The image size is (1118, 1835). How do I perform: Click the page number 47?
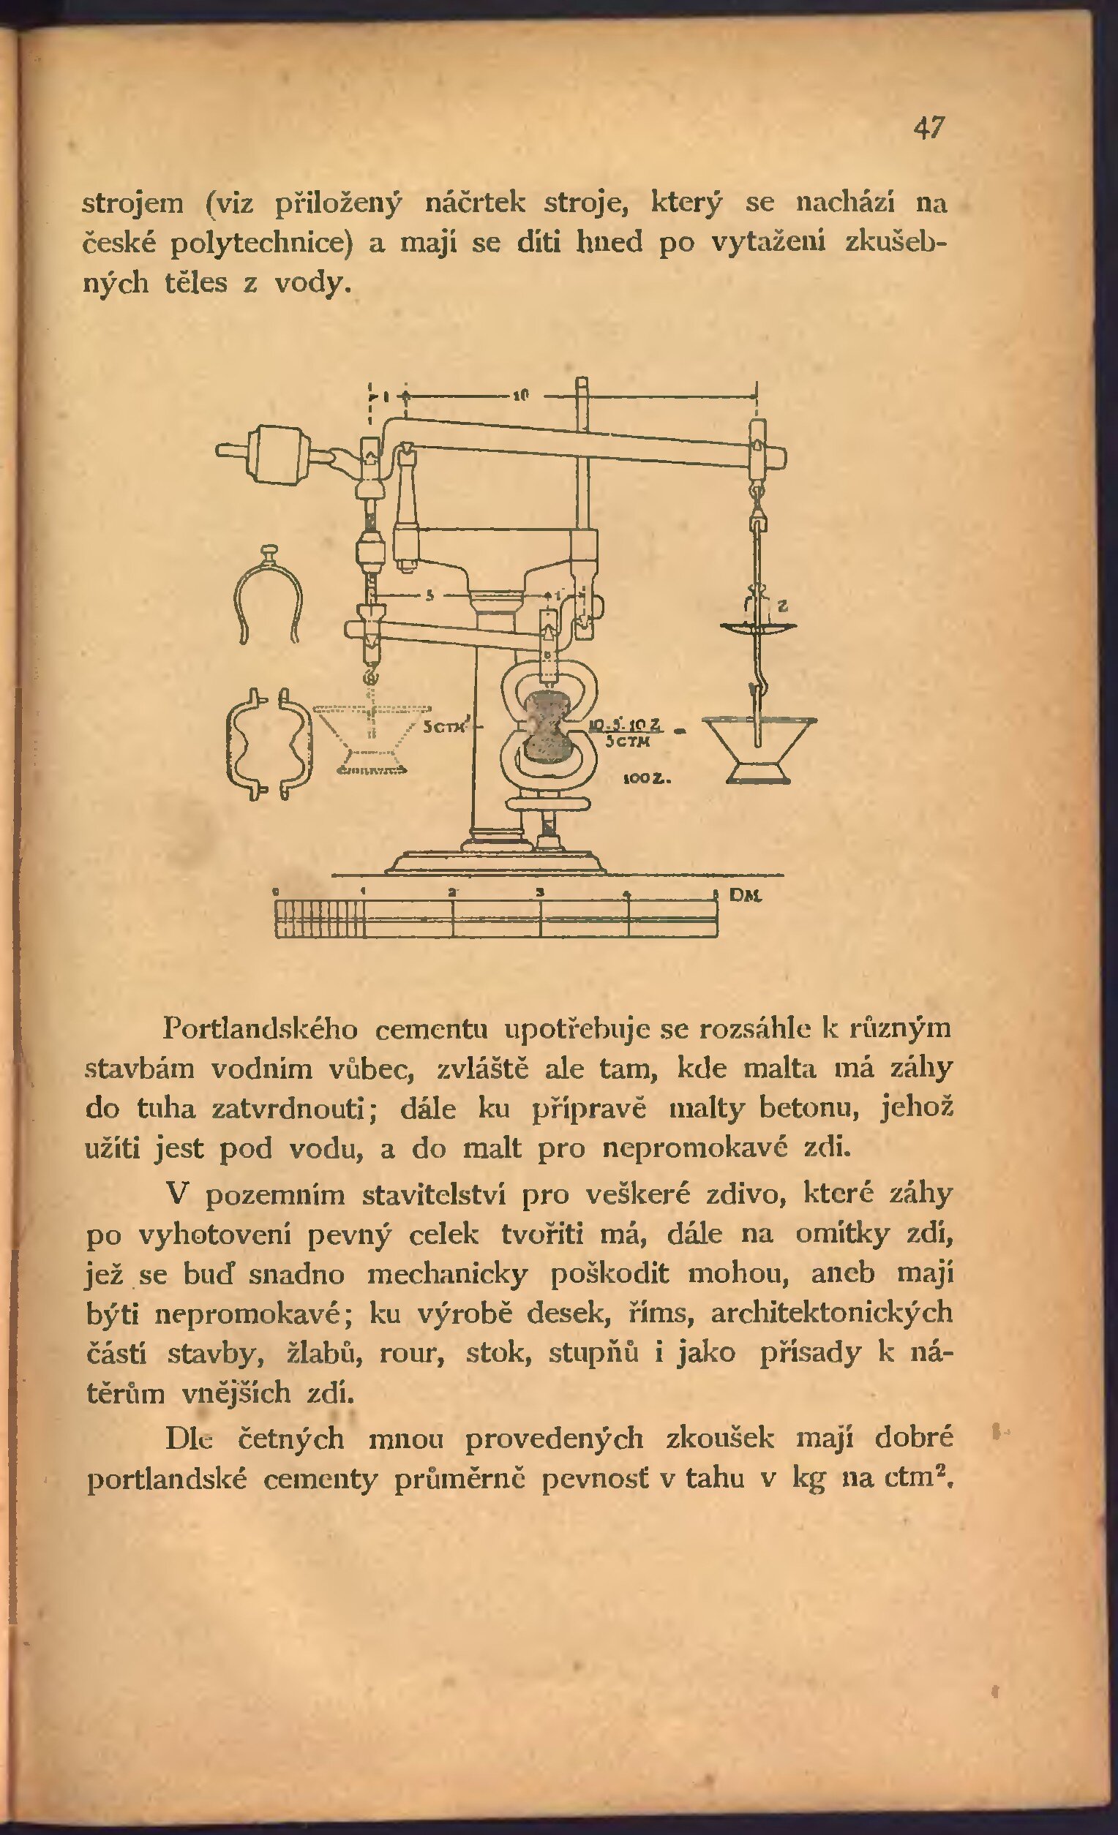click(928, 128)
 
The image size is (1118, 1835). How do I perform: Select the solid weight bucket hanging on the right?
click(759, 748)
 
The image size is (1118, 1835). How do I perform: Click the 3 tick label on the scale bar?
click(541, 892)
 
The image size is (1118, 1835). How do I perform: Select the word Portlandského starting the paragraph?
click(259, 1029)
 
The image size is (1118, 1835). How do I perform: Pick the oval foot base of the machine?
click(496, 864)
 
